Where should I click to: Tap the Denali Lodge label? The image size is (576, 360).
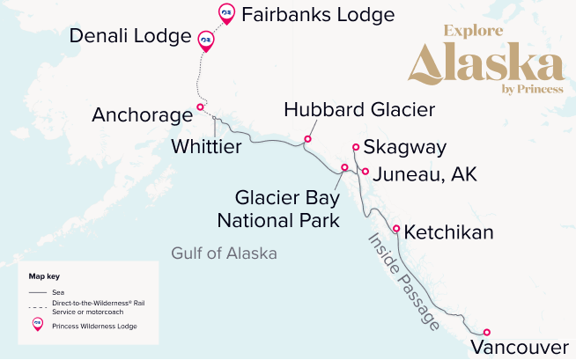pos(133,37)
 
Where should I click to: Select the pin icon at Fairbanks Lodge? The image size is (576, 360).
pos(226,12)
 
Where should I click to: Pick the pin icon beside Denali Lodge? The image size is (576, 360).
pos(206,40)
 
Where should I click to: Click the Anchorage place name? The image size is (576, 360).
pos(142,115)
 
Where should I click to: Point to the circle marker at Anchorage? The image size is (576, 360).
pos(200,107)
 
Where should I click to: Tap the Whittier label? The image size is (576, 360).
pos(206,145)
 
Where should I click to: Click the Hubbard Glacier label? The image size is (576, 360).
pos(359,110)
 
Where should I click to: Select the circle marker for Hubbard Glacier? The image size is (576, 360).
pos(307,138)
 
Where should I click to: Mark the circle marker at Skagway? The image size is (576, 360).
pos(356,148)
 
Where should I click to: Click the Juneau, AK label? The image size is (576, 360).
pos(425,174)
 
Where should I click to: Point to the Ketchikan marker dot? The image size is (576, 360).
pos(396,229)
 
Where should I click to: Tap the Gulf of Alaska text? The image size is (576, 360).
pos(224,253)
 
